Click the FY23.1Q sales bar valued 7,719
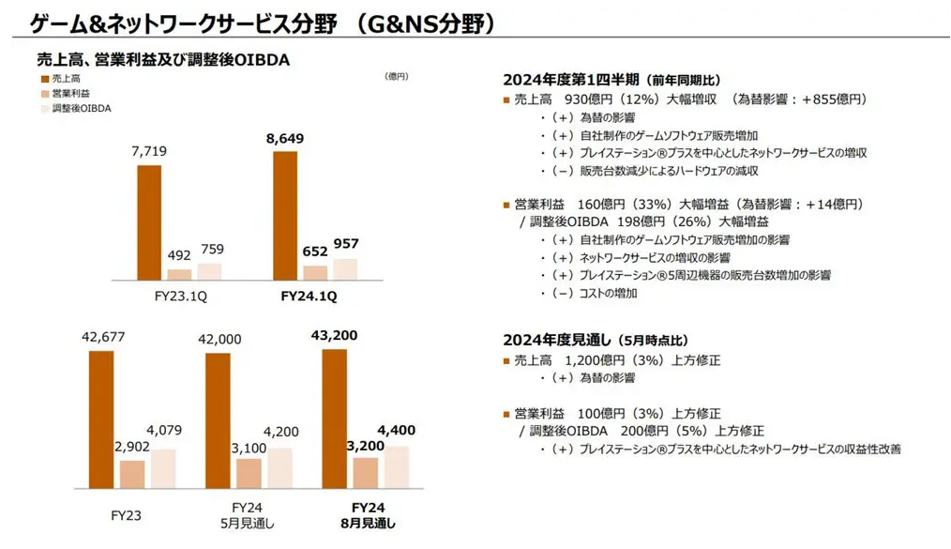click(x=149, y=221)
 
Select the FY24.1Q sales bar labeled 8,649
click(x=285, y=215)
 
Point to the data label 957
click(x=345, y=244)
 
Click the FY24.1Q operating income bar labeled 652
click(x=315, y=272)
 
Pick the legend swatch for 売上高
click(x=43, y=79)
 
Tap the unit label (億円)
click(x=397, y=77)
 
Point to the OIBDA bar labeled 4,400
click(x=397, y=466)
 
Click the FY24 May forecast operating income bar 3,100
click(x=249, y=473)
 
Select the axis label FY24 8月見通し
click(x=365, y=515)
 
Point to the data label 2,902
click(x=131, y=446)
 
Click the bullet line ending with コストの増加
click(x=595, y=293)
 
